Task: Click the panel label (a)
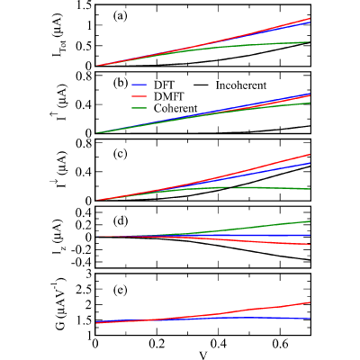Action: click(120, 16)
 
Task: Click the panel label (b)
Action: click(120, 84)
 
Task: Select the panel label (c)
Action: click(120, 154)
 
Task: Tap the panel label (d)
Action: click(120, 221)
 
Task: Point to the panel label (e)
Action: click(120, 290)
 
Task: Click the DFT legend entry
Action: click(152, 85)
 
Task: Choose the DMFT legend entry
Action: click(157, 96)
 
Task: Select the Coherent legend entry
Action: click(165, 108)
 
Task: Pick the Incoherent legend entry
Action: click(230, 85)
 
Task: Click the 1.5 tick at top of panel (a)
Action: click(84, 5)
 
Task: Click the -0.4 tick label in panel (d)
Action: click(81, 262)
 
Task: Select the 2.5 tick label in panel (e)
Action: click(84, 290)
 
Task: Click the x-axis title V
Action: click(203, 355)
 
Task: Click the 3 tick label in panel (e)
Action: click(89, 274)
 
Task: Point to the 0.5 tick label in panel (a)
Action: click(84, 45)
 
